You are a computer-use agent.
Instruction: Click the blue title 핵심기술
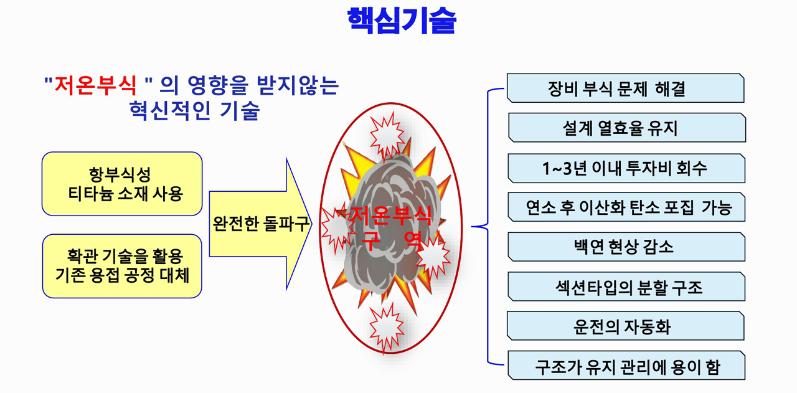point(402,21)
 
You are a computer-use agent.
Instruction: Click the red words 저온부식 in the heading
point(95,86)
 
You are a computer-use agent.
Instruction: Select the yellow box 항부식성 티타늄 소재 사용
point(122,184)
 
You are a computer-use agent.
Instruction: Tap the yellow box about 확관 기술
point(122,266)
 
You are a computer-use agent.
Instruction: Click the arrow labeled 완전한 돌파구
point(260,224)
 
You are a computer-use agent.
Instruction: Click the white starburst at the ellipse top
point(387,135)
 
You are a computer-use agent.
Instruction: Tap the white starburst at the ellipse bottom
point(387,327)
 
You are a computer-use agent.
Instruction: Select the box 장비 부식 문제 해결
point(626,88)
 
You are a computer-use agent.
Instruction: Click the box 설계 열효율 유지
point(627,128)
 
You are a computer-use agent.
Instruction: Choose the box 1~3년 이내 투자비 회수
point(626,168)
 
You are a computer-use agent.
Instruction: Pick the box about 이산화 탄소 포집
point(626,207)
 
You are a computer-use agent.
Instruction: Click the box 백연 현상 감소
point(626,247)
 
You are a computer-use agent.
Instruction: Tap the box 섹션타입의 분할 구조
point(626,286)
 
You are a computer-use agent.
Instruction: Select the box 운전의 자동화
point(626,326)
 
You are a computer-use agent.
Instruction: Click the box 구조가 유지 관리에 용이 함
point(626,365)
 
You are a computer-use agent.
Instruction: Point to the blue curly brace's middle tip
point(472,226)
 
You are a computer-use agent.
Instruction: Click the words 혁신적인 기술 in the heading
point(194,110)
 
